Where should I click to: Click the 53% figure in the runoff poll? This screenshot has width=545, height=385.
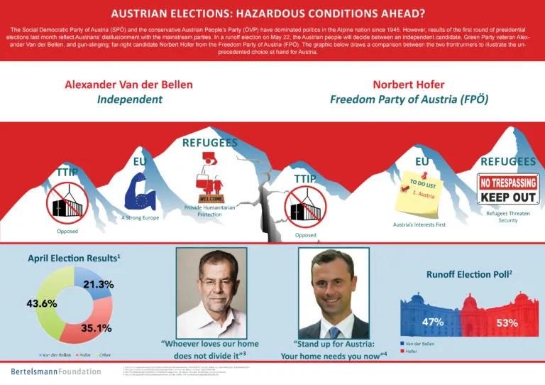pyautogui.click(x=507, y=323)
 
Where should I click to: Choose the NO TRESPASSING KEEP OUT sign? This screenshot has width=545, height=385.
pyautogui.click(x=502, y=190)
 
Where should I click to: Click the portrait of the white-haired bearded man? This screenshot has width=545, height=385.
pyautogui.click(x=211, y=291)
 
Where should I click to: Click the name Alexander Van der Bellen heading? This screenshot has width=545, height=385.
pyautogui.click(x=128, y=85)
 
